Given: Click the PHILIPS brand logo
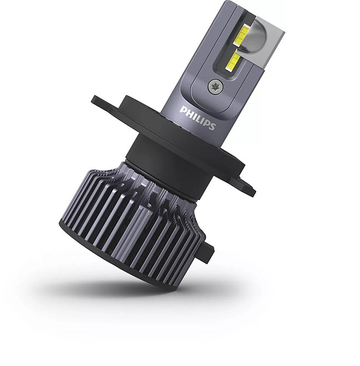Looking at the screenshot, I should click(198, 118).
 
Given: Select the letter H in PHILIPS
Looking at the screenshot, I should click(189, 113).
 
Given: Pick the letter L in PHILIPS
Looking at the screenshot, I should click(198, 119).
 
